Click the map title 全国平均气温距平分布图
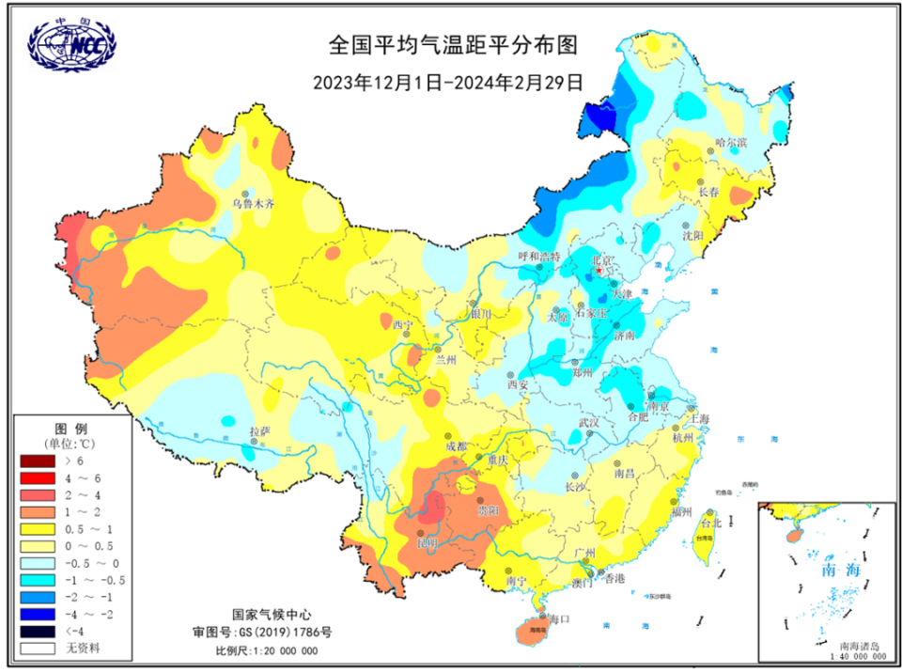(x=450, y=44)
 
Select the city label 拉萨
(x=259, y=430)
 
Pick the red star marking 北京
(x=599, y=271)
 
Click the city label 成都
(x=456, y=446)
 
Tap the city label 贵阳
(x=489, y=510)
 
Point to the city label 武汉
(x=589, y=423)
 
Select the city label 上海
(x=699, y=417)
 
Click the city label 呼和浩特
(x=539, y=256)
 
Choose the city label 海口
(x=559, y=619)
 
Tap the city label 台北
(x=710, y=523)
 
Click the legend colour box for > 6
(x=39, y=461)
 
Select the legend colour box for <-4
(x=39, y=631)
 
